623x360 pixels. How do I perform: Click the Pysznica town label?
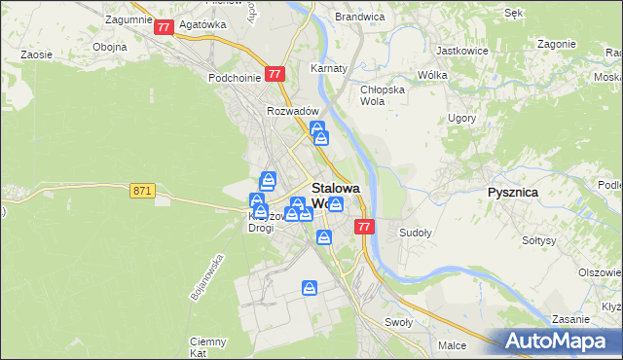(512, 193)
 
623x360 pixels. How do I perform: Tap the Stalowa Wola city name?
(335, 196)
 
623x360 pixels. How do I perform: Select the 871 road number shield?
(142, 191)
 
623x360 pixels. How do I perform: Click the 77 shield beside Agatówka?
(164, 28)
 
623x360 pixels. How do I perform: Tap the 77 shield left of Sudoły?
(364, 227)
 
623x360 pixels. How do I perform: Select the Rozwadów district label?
(288, 111)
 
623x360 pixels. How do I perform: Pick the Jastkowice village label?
(461, 50)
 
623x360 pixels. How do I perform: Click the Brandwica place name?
(359, 18)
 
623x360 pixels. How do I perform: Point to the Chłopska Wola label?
(380, 94)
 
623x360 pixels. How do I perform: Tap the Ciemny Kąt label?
(208, 346)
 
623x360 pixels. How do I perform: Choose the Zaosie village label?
(36, 55)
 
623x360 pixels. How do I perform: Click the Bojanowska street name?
(208, 276)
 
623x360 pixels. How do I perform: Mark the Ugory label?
(461, 119)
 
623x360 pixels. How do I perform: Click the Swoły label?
(398, 322)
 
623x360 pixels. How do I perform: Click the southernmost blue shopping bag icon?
(310, 288)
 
